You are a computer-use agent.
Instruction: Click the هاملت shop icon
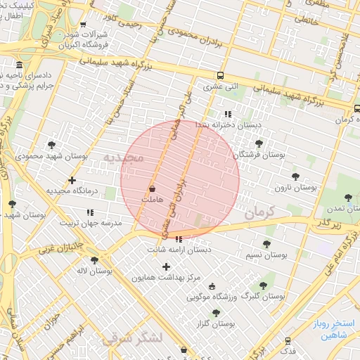pyautogui.click(x=153, y=189)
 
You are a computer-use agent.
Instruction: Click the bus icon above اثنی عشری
pyautogui.click(x=221, y=76)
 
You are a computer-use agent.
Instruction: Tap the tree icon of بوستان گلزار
pyautogui.click(x=216, y=313)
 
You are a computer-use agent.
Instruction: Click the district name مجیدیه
pyautogui.click(x=124, y=157)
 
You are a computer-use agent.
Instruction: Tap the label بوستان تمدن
pyautogui.click(x=339, y=209)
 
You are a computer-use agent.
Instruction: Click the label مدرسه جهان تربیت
pyautogui.click(x=90, y=223)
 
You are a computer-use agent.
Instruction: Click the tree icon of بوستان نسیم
pyautogui.click(x=266, y=243)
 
